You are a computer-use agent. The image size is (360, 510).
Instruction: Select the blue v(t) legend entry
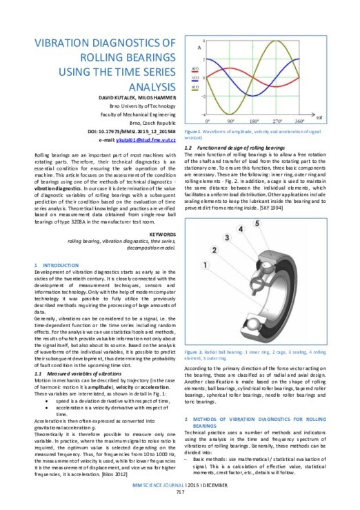[196, 79]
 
